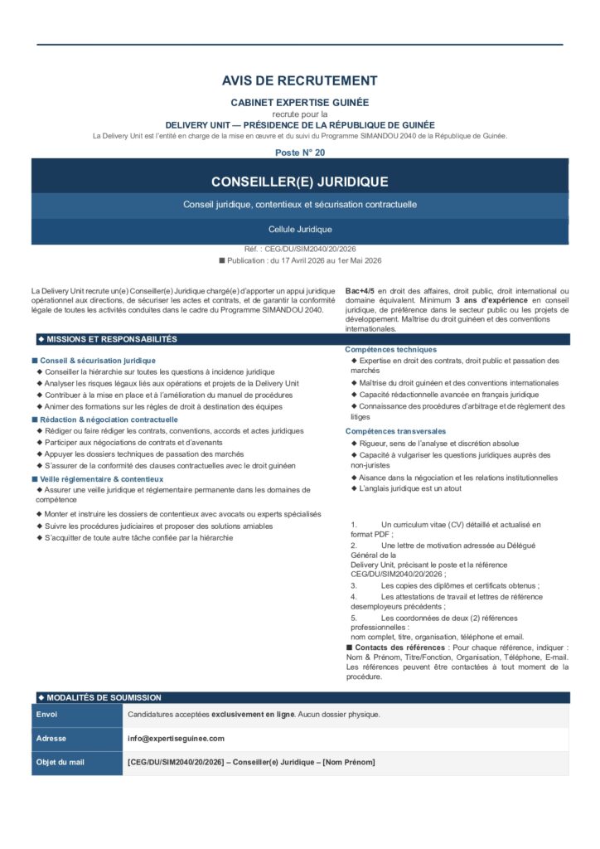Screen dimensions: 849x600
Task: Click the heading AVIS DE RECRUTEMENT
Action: (299, 81)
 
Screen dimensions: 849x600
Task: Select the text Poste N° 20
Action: (300, 153)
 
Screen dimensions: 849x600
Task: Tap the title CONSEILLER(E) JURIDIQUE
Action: (299, 182)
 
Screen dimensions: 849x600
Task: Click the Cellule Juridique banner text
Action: (300, 230)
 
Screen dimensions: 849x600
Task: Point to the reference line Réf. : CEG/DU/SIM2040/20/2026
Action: (300, 249)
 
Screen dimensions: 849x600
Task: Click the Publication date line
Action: (300, 260)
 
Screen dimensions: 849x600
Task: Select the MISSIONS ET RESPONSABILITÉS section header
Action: (111, 339)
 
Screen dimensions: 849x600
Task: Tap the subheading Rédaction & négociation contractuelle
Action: (109, 420)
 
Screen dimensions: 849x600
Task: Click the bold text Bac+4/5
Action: (360, 291)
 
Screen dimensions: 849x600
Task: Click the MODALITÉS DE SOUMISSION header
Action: (104, 698)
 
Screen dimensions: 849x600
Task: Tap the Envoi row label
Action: (46, 715)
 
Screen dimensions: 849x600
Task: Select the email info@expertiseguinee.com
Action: (176, 739)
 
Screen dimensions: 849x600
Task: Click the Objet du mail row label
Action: (60, 763)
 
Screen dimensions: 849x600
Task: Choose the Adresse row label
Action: (51, 739)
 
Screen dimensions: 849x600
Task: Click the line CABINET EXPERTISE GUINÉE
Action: (299, 102)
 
